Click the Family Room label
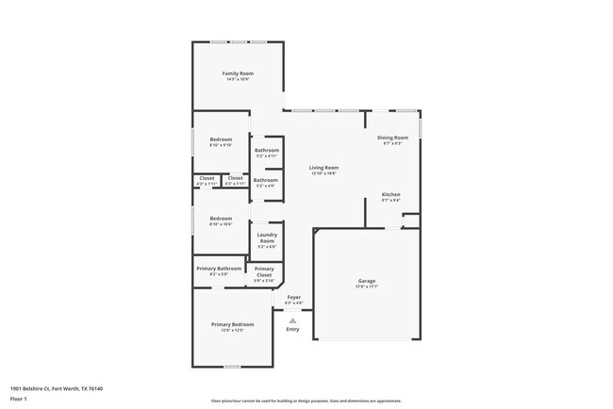pos(238,74)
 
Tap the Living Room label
pos(323,168)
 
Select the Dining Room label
pos(392,138)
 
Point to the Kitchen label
pos(391,194)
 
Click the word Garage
pos(367,281)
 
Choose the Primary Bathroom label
pos(219,269)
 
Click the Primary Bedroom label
pos(232,324)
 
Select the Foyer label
pos(293,297)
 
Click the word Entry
pos(292,329)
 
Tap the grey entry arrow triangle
pos(292,320)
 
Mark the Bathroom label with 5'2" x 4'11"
pos(267,150)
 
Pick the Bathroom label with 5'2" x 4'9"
pos(267,179)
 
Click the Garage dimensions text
pos(367,286)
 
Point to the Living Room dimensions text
pos(323,173)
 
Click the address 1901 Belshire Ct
pos(56,388)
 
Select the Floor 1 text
pos(19,399)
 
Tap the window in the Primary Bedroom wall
pos(232,367)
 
